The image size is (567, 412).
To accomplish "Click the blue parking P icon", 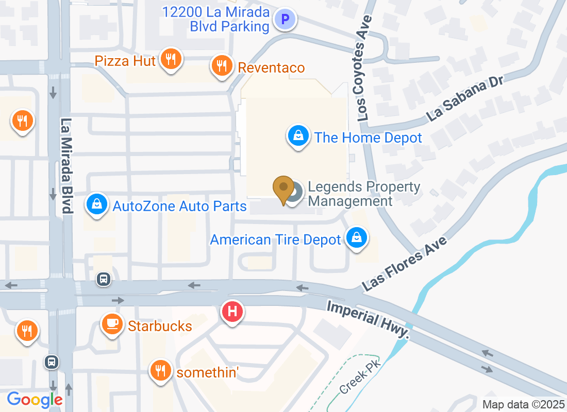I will (285, 20).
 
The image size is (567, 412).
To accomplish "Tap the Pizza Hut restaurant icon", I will (169, 60).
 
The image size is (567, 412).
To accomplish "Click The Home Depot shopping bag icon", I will (298, 137).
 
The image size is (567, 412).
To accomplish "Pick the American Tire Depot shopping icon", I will (356, 239).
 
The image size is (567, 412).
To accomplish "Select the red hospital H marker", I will (232, 312).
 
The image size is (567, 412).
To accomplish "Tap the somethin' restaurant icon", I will (161, 371).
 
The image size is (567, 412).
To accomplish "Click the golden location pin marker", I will (283, 189).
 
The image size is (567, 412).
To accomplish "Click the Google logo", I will (35, 399).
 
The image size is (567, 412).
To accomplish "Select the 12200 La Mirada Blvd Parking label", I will (216, 19).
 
